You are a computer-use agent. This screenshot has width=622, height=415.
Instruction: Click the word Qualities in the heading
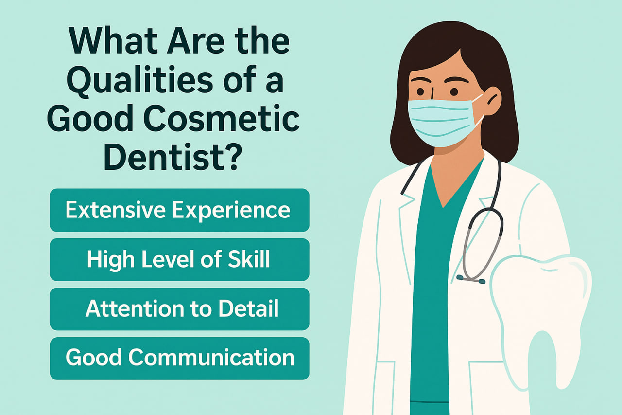pos(139,81)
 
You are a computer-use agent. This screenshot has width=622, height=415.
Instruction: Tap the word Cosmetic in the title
pos(222,119)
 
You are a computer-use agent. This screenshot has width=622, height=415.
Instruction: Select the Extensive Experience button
pos(179,210)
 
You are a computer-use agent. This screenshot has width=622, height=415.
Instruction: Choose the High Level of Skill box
pos(179,260)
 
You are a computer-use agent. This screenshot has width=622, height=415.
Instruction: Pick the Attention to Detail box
pos(179,309)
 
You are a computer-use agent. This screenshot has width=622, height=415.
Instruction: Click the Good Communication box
pos(179,359)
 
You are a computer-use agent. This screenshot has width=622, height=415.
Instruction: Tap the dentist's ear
pos(493,101)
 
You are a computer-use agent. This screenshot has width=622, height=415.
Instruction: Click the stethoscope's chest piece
pos(471,279)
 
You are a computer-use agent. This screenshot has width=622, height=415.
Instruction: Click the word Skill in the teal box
pos(249,259)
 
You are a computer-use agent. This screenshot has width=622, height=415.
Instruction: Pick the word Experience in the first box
pos(231,211)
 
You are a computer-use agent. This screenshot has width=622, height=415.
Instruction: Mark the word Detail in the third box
pos(248,308)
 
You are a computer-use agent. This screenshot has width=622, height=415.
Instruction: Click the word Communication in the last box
pos(211,358)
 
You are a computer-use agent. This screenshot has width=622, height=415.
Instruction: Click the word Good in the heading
pos(90,119)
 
